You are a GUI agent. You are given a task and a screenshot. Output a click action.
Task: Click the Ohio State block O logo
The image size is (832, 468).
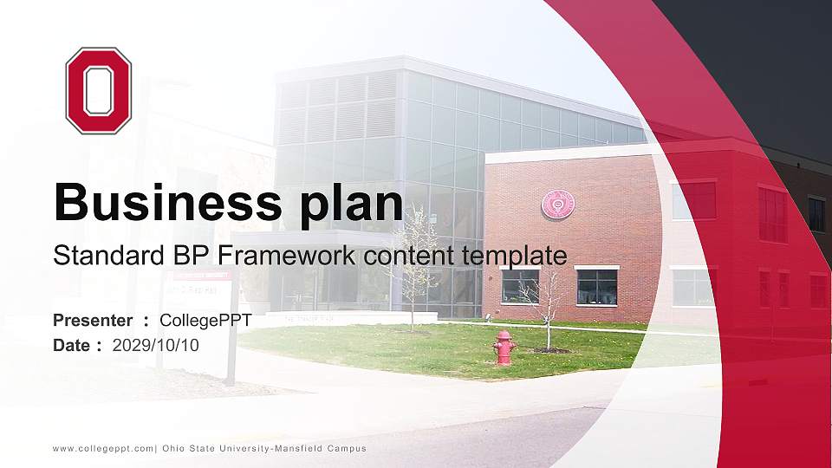(x=99, y=90)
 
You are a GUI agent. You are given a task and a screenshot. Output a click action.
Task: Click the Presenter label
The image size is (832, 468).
(x=93, y=321)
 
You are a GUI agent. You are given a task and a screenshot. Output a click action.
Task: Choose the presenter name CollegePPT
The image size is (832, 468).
(x=205, y=321)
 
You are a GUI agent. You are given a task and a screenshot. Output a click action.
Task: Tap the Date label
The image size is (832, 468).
(x=72, y=345)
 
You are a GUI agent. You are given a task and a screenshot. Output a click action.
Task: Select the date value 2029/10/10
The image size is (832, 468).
(x=156, y=345)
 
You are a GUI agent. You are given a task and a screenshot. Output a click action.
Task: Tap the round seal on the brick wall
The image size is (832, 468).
(x=557, y=204)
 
